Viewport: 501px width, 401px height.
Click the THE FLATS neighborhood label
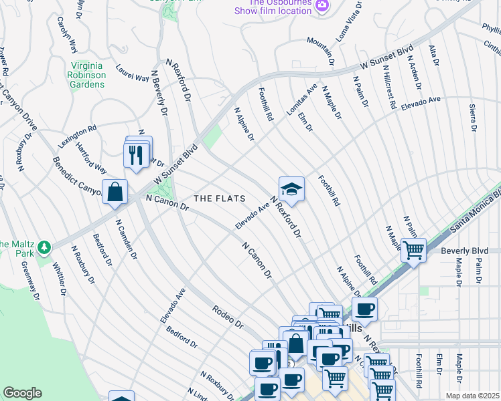[x=220, y=198]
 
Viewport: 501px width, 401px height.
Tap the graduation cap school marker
[x=291, y=190]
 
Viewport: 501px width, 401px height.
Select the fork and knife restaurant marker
[x=137, y=154]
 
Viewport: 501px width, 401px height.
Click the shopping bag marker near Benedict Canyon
[x=115, y=191]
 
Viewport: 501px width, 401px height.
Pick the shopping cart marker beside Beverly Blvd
[x=413, y=251]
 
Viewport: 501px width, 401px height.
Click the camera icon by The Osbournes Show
[x=323, y=6]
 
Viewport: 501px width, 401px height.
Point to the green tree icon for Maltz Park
[x=44, y=247]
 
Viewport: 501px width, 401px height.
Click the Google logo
[x=22, y=393]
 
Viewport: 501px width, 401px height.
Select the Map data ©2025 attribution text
[x=472, y=396]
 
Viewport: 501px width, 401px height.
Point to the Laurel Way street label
[x=132, y=73]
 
